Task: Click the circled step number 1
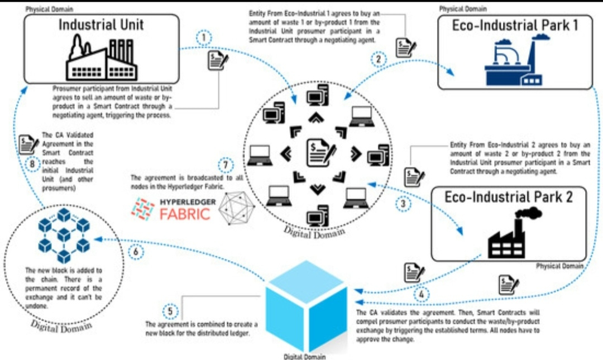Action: pyautogui.click(x=204, y=38)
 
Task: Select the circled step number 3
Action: pyautogui.click(x=404, y=204)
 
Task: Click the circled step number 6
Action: pyautogui.click(x=136, y=252)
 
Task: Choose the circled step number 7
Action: pyautogui.click(x=226, y=166)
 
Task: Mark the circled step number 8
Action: pyautogui.click(x=32, y=164)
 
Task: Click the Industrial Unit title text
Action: pyautogui.click(x=101, y=25)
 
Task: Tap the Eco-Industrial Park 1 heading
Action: pyautogui.click(x=514, y=25)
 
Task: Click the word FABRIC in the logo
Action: pyautogui.click(x=185, y=214)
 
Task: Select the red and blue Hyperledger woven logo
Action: pyautogui.click(x=143, y=208)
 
